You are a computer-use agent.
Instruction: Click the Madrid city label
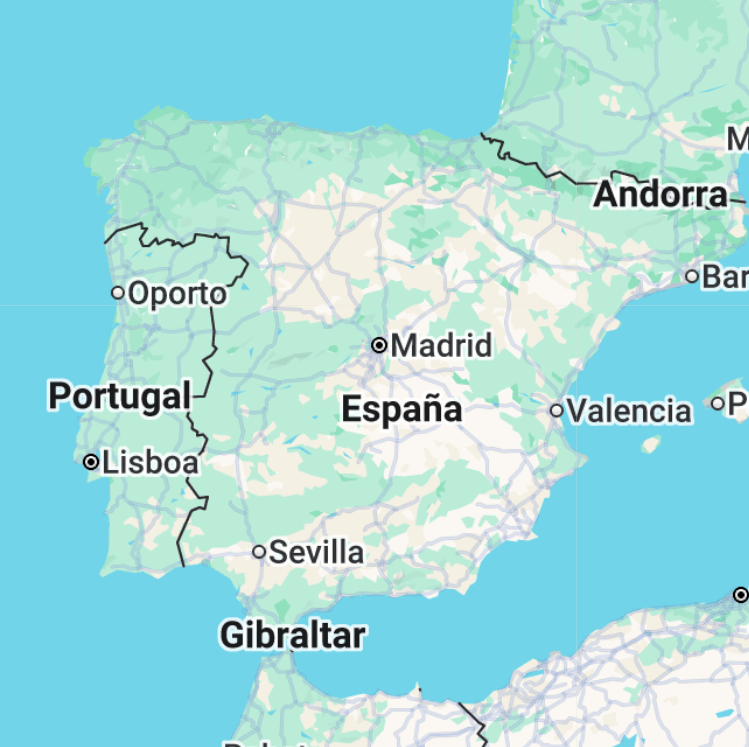(441, 346)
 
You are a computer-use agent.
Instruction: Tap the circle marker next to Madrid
(379, 345)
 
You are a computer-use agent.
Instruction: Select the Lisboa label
(150, 463)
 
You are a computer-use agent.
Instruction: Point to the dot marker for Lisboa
(91, 462)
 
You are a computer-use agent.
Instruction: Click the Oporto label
(178, 294)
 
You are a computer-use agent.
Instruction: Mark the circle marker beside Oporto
(118, 293)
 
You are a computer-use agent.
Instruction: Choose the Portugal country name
(119, 396)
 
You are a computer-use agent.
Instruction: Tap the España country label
(401, 409)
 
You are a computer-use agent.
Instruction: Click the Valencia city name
(629, 411)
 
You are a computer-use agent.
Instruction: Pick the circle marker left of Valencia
(557, 410)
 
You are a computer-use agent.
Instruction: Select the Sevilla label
(316, 552)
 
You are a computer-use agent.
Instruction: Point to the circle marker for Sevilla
(259, 551)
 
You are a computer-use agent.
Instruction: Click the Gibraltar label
(292, 634)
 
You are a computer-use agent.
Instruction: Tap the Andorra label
(660, 195)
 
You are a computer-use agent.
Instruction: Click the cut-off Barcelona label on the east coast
(725, 276)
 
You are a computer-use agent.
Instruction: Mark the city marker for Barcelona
(692, 275)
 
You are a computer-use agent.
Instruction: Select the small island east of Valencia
(651, 442)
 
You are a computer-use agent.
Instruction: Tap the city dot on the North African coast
(740, 595)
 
